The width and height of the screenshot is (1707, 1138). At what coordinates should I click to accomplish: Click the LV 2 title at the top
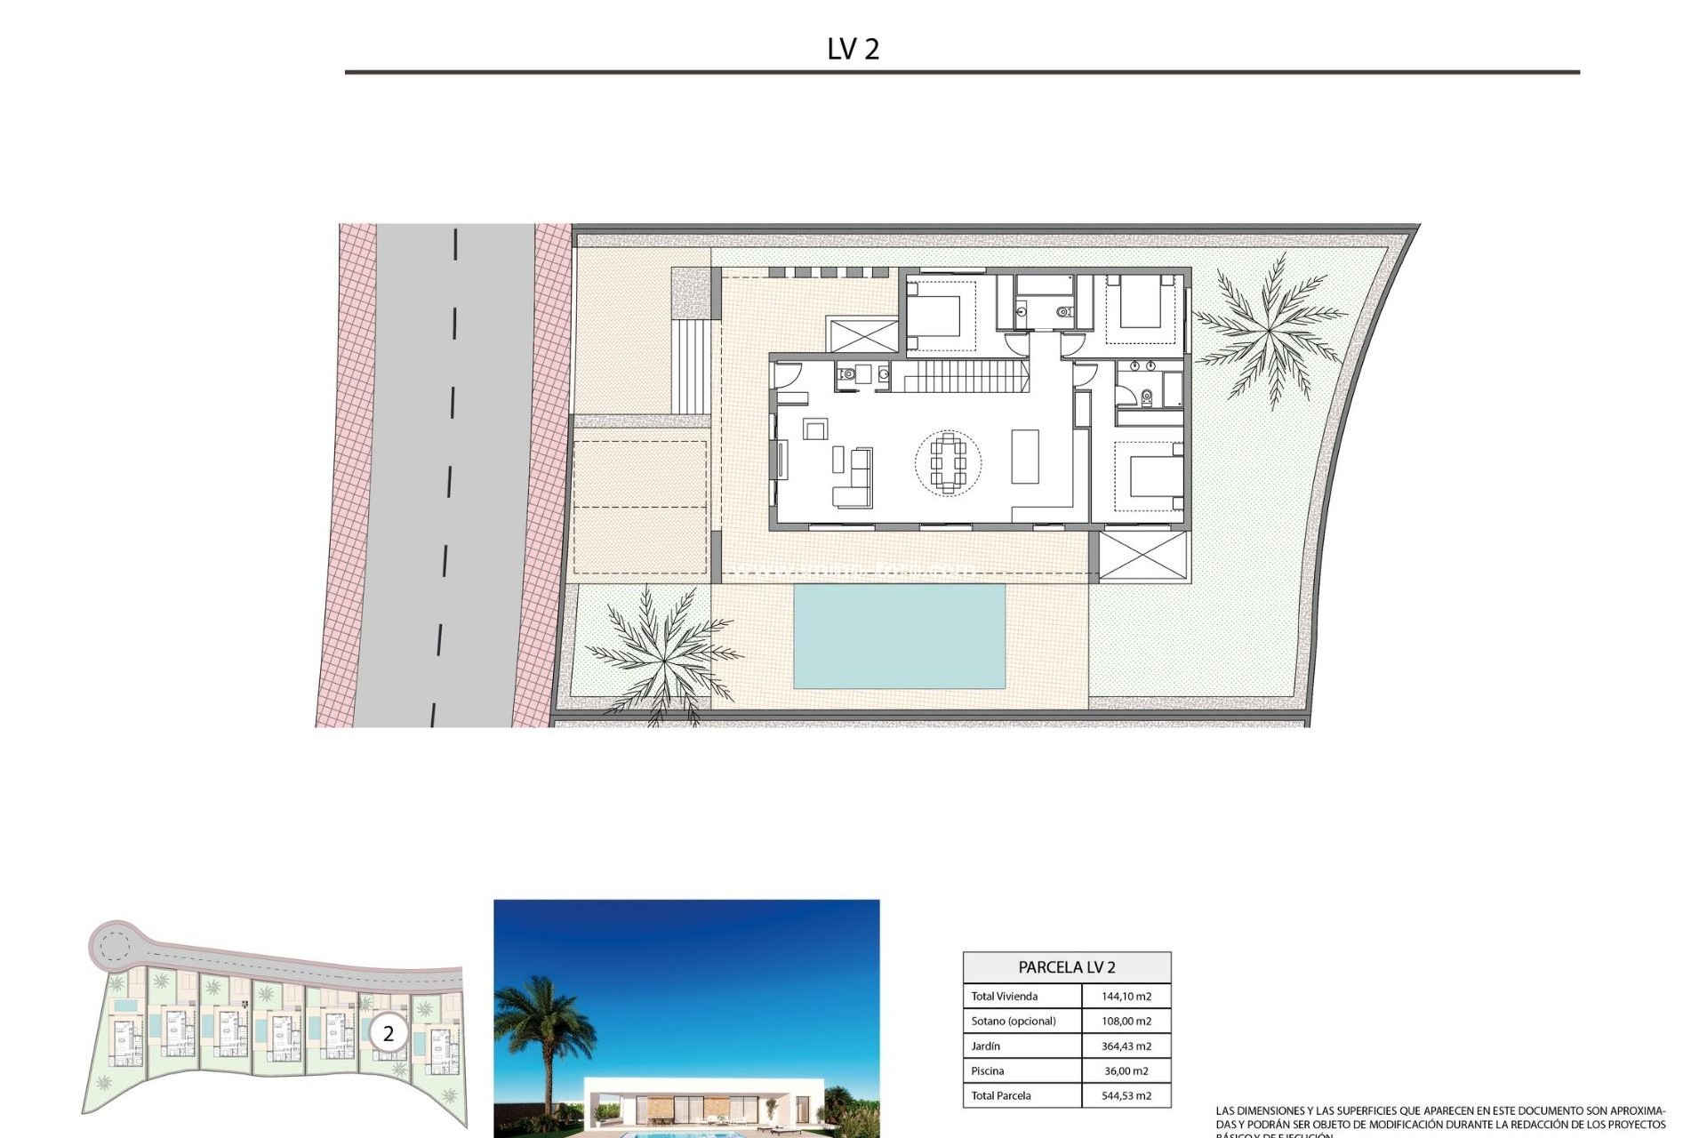(853, 49)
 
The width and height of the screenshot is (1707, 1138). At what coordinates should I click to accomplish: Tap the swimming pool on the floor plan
(899, 636)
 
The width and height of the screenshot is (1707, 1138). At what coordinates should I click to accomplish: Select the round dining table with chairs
(949, 462)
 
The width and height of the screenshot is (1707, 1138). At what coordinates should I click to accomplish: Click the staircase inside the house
(960, 376)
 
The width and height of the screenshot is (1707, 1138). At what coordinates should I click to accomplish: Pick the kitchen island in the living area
(1025, 456)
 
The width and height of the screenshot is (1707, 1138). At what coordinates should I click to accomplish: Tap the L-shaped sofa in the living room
(853, 480)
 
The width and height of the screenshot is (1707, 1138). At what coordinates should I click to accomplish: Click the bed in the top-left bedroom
(934, 315)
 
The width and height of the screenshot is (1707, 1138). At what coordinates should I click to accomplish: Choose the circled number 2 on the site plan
(388, 1034)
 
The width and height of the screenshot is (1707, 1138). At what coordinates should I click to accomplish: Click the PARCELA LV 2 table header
(1066, 967)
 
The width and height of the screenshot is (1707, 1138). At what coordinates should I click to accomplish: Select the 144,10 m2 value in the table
(1126, 997)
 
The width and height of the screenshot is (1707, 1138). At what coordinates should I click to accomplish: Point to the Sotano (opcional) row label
(1013, 1022)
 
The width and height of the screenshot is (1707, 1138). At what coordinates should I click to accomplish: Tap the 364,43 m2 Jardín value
(1126, 1046)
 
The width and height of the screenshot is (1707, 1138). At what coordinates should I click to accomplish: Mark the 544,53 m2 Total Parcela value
(1126, 1096)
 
